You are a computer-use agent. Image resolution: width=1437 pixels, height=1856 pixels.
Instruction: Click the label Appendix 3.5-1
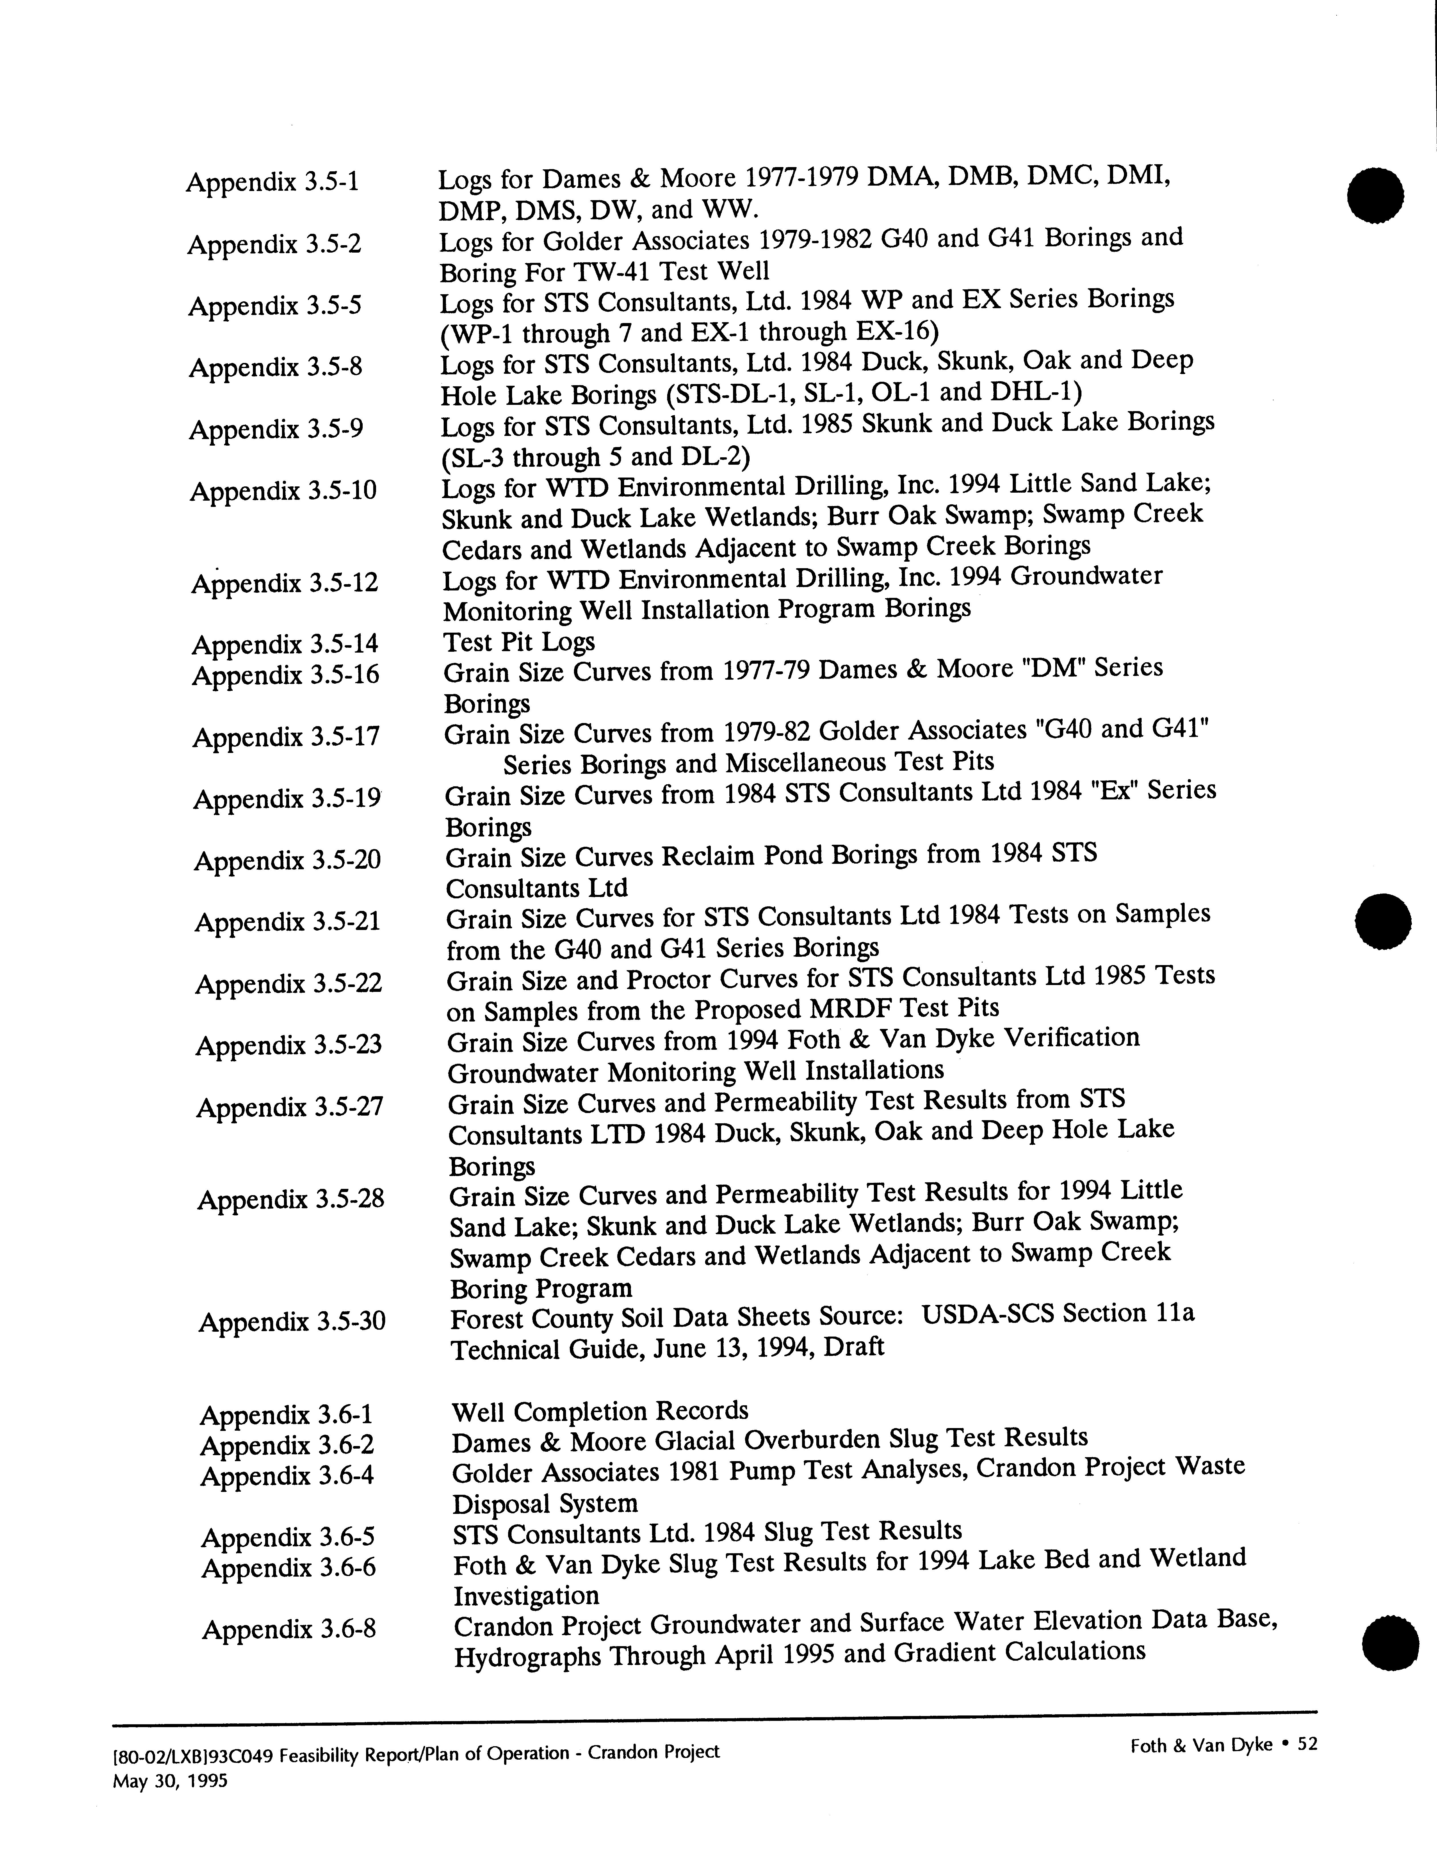(273, 182)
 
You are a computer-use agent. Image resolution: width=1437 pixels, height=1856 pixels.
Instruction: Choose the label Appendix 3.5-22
(289, 984)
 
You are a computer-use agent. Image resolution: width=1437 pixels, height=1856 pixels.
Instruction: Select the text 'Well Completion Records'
(600, 1412)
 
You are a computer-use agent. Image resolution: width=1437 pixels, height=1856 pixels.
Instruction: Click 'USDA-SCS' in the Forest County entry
(986, 1315)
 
